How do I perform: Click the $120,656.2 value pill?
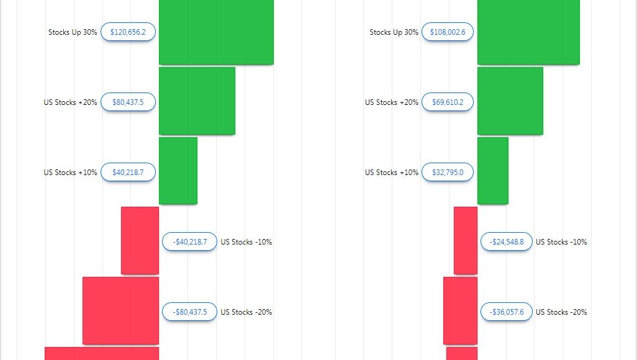click(128, 32)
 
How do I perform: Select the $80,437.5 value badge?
click(128, 102)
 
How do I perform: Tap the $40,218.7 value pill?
click(128, 173)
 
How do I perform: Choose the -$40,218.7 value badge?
click(189, 242)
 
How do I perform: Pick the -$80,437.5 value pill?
click(189, 312)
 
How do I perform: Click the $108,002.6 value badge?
click(448, 32)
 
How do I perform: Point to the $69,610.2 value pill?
click(448, 102)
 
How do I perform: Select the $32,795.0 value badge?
click(448, 173)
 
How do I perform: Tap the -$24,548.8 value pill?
click(507, 242)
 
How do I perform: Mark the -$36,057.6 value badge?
click(507, 312)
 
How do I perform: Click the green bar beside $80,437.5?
click(197, 101)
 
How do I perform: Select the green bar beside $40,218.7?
click(178, 171)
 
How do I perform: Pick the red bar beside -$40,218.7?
click(140, 240)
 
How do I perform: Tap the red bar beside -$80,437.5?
click(120, 310)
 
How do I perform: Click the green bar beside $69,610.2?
click(510, 101)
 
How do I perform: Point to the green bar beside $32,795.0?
click(492, 171)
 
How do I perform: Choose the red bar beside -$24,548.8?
click(466, 240)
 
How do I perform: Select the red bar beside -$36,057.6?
click(460, 310)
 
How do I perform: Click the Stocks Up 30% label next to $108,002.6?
click(394, 32)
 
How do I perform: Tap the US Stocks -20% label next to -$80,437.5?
click(246, 312)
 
